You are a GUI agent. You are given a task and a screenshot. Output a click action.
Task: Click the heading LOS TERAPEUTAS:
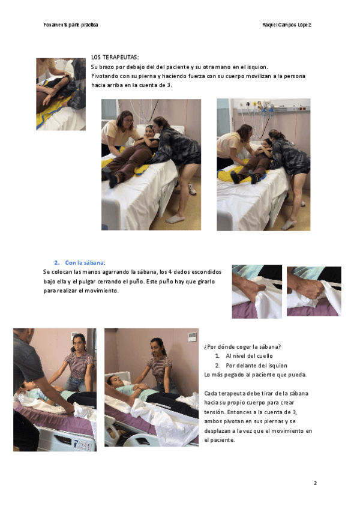pos(115,58)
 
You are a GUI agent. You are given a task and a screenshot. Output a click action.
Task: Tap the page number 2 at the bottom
pos(315,483)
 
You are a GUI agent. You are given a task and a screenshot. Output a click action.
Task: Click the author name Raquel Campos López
pos(287,25)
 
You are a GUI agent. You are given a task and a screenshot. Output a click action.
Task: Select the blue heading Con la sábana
pos(85,263)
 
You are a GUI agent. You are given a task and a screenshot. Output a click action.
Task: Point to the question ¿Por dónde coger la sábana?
pos(242,347)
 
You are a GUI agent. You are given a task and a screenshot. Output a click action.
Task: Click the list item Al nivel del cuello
pos(249,356)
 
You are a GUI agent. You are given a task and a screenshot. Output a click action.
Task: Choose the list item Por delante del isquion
pos(256,366)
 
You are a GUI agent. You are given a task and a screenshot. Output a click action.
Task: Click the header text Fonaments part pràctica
pos(71,25)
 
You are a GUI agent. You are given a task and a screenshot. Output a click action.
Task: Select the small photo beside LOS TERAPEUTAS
pos(61,94)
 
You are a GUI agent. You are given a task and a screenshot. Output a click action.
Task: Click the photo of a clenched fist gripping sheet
pos(314,291)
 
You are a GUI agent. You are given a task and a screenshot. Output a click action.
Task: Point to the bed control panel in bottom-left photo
pos(82,444)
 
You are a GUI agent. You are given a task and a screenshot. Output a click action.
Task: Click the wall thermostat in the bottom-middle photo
pos(193,337)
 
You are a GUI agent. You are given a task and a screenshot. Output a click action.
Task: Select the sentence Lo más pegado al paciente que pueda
pos(256,375)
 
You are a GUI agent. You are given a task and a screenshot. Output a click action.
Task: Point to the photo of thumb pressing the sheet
pos(257,292)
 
